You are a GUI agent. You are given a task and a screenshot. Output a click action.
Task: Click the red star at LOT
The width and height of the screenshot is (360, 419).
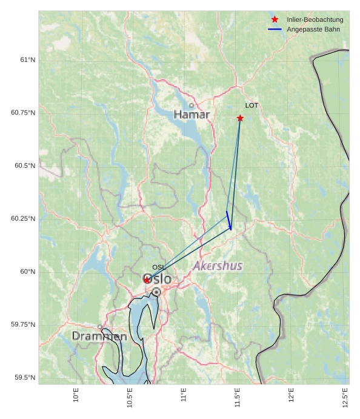point(240,118)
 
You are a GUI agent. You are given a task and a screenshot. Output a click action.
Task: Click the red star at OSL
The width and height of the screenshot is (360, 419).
point(147,280)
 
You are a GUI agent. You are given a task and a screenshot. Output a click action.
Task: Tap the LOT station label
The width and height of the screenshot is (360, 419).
point(252,106)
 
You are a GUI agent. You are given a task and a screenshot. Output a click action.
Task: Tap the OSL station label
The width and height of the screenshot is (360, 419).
point(158,267)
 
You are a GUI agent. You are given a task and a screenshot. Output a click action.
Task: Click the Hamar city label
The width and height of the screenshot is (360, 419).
point(192,115)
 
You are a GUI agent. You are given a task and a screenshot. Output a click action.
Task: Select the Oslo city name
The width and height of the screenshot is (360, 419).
point(158,279)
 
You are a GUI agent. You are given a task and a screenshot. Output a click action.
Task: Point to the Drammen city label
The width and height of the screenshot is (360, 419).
point(99,336)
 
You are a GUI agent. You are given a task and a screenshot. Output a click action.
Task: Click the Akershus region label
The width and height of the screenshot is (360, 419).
point(218,266)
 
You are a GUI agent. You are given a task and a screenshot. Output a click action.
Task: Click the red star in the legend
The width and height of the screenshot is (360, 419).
point(275,19)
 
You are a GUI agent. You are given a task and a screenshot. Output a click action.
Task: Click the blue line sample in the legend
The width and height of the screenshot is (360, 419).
point(275,29)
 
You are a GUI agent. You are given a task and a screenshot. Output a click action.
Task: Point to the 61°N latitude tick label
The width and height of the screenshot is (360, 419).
point(27,59)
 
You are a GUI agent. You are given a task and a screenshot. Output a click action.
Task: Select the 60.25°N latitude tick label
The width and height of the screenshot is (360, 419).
point(23,218)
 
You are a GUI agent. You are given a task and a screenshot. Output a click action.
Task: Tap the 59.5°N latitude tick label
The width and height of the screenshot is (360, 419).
point(25,377)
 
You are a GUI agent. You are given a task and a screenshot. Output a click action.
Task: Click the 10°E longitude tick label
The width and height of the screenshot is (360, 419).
point(76,395)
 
